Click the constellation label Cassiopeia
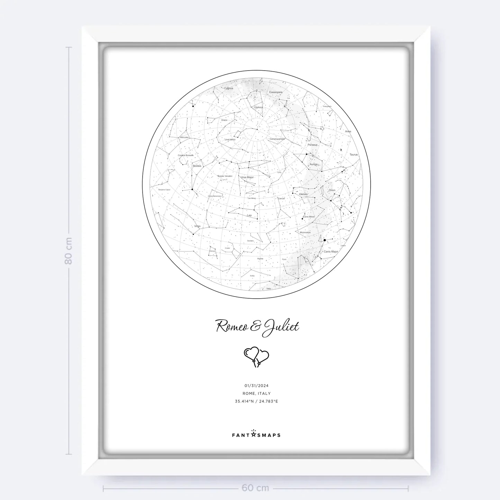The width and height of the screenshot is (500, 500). point(276,92)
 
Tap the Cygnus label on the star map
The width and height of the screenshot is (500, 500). point(228,88)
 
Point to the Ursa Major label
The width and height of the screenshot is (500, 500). point(247,177)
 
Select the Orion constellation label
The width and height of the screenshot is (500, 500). point(332,190)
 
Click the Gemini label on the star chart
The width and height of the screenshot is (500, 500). point(303,194)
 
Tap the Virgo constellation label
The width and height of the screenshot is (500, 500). point(197,226)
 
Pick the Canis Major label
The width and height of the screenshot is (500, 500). point(330,252)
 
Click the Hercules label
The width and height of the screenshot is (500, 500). point(184,137)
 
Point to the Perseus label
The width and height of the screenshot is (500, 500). point(312,145)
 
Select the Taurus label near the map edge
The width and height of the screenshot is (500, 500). point(353,155)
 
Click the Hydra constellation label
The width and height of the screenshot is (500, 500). point(260,258)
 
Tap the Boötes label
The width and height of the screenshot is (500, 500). point(197,166)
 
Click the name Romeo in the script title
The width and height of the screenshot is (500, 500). point(232,326)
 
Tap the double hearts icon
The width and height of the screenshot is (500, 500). point(256,357)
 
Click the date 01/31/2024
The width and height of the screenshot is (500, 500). point(256,385)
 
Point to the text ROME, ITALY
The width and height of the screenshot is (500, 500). point(256,393)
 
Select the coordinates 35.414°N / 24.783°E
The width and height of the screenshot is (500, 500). point(256,401)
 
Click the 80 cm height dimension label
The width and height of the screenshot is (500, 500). point(69,251)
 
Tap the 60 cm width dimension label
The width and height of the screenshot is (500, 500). point(255,488)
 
